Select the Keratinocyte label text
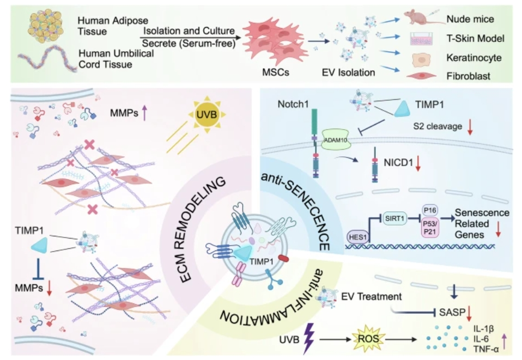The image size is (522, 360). tap(469, 57)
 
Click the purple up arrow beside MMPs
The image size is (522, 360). tap(145, 114)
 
